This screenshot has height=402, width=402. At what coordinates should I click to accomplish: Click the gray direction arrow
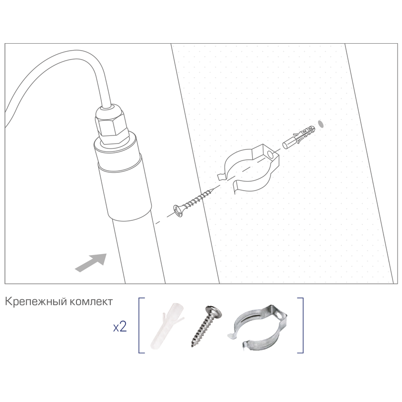click(92, 262)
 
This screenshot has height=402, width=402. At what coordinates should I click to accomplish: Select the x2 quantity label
click(120, 327)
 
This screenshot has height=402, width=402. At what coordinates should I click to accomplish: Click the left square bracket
click(141, 325)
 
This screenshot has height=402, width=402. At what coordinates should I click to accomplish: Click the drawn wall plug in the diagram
click(299, 136)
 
